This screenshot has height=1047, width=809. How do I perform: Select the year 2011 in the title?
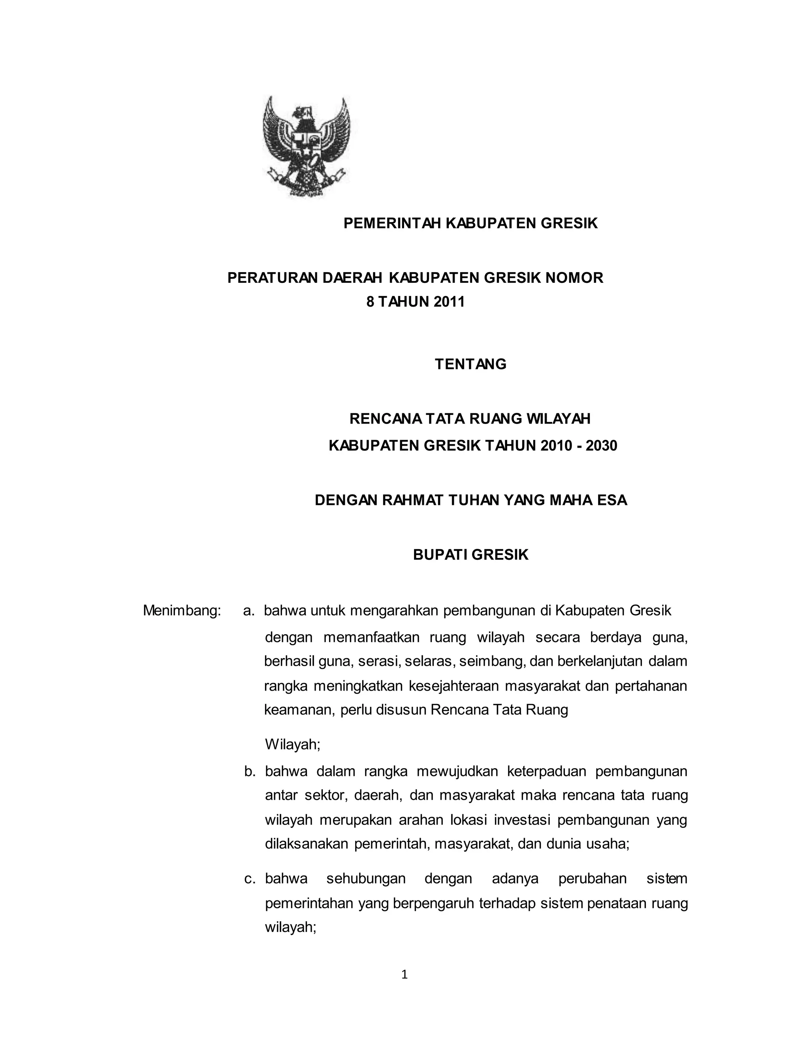[x=449, y=301]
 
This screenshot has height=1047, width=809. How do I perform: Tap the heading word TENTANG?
[x=470, y=364]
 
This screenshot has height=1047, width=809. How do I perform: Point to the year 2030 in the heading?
[x=602, y=445]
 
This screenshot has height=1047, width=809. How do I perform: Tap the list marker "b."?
[x=250, y=771]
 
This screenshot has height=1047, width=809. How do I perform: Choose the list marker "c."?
[x=250, y=878]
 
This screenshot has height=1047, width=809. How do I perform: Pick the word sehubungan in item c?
[x=366, y=878]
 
